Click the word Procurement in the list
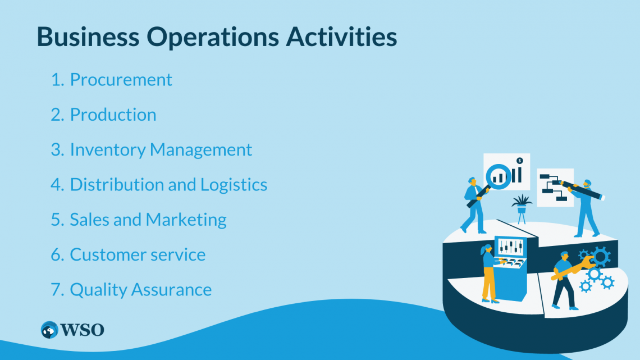[121, 80]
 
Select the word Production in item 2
[113, 115]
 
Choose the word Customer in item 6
[100, 254]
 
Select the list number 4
[57, 184]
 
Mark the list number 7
[57, 289]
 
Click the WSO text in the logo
[83, 330]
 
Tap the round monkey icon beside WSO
[49, 330]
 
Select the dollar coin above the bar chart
[520, 161]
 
